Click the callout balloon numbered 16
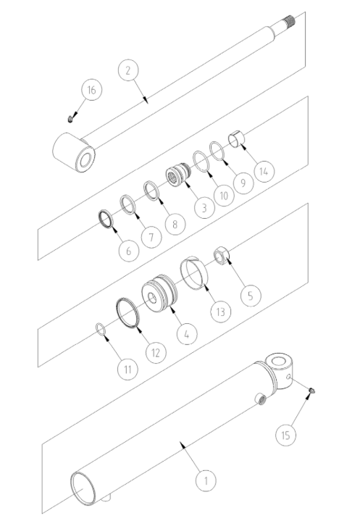91,90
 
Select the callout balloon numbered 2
128,70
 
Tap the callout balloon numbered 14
264,172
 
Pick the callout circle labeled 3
204,208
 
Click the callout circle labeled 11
128,369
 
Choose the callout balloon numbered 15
285,435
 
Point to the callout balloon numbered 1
206,480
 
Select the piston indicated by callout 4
159,293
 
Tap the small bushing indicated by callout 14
236,138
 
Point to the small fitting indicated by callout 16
70,119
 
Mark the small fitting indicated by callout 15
311,391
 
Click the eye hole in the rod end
85,161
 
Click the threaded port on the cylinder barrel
260,399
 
